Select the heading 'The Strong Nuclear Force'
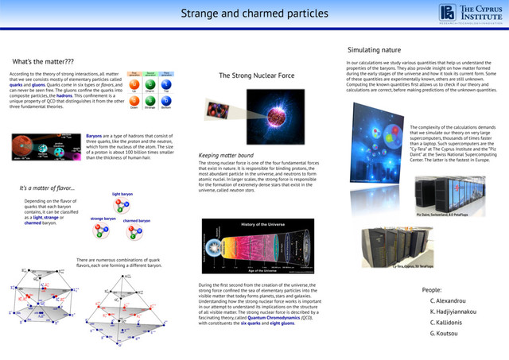pos(257,75)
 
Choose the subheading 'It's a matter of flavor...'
pos(47,188)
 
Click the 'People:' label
pos(432,290)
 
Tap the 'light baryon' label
pos(123,193)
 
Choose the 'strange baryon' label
pos(103,218)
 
